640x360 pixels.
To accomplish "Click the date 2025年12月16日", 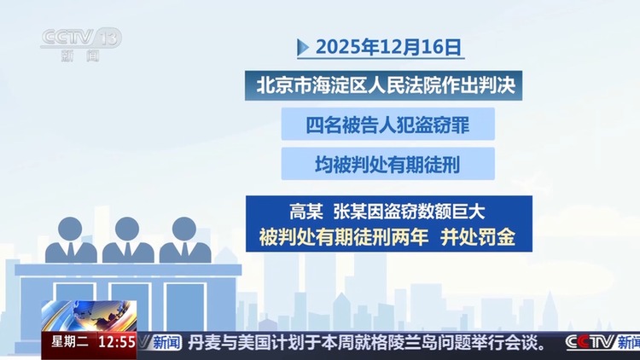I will tap(387, 47).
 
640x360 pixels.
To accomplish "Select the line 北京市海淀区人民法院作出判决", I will tap(388, 86).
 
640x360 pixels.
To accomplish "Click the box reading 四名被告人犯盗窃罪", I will tap(388, 125).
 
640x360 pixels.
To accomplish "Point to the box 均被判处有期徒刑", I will tap(388, 164).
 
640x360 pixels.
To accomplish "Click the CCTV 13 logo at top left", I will tap(81, 43).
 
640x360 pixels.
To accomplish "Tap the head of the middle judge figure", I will tap(127, 229).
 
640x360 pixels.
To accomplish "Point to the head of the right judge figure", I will tap(183, 229).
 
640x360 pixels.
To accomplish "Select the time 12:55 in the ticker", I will tap(117, 343).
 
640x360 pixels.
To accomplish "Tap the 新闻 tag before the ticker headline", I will tap(166, 343).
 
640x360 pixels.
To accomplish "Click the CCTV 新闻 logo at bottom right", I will tap(602, 343).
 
